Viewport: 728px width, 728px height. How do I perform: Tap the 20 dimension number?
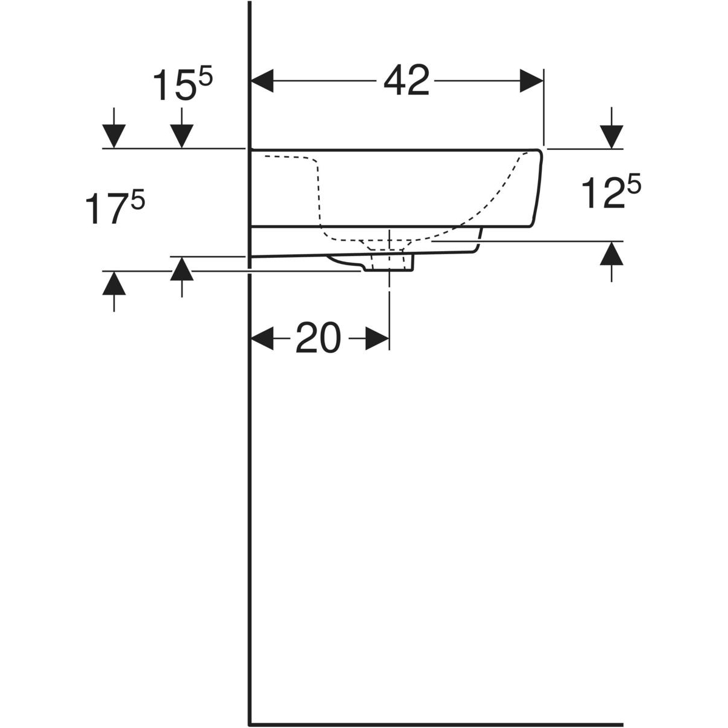[318, 337]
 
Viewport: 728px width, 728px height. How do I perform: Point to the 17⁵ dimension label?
[115, 208]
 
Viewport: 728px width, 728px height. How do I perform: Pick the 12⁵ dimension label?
[610, 192]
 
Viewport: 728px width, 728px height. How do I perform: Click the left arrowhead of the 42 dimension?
[262, 81]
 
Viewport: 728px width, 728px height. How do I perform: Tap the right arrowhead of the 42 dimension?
[531, 81]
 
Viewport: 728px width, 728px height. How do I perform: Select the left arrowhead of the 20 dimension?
[262, 338]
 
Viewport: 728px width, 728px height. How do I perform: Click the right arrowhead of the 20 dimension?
[377, 338]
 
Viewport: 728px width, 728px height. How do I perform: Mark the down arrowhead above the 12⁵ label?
[612, 136]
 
